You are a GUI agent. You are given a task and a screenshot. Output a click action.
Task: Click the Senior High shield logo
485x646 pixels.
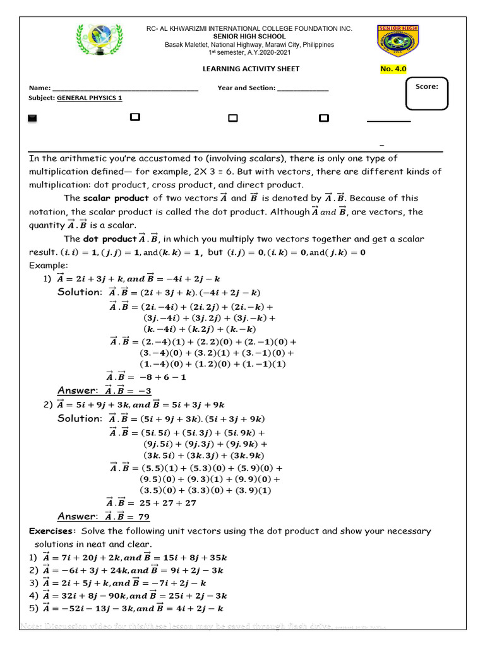coord(398,41)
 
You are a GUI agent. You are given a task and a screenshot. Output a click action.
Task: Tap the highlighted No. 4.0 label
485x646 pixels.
coord(393,69)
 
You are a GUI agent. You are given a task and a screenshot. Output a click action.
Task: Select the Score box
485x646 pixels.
coord(427,93)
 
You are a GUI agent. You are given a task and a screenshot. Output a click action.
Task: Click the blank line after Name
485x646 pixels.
coord(125,89)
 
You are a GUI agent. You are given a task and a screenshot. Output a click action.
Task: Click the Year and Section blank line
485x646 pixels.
coord(303,89)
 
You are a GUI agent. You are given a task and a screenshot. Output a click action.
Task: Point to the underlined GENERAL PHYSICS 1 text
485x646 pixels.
coord(90,98)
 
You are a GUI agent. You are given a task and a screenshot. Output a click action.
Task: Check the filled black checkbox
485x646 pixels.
coord(33,118)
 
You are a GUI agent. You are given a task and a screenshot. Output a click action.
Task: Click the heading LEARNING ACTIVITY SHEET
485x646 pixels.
coord(251,69)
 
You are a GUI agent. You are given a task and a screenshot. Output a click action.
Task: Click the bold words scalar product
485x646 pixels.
coord(111,198)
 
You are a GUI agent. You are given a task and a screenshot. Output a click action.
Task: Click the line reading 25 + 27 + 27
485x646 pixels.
coord(167,503)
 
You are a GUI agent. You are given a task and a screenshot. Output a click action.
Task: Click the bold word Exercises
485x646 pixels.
coord(52,531)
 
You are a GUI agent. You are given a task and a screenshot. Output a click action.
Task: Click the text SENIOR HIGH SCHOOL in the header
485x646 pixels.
coord(249,37)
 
